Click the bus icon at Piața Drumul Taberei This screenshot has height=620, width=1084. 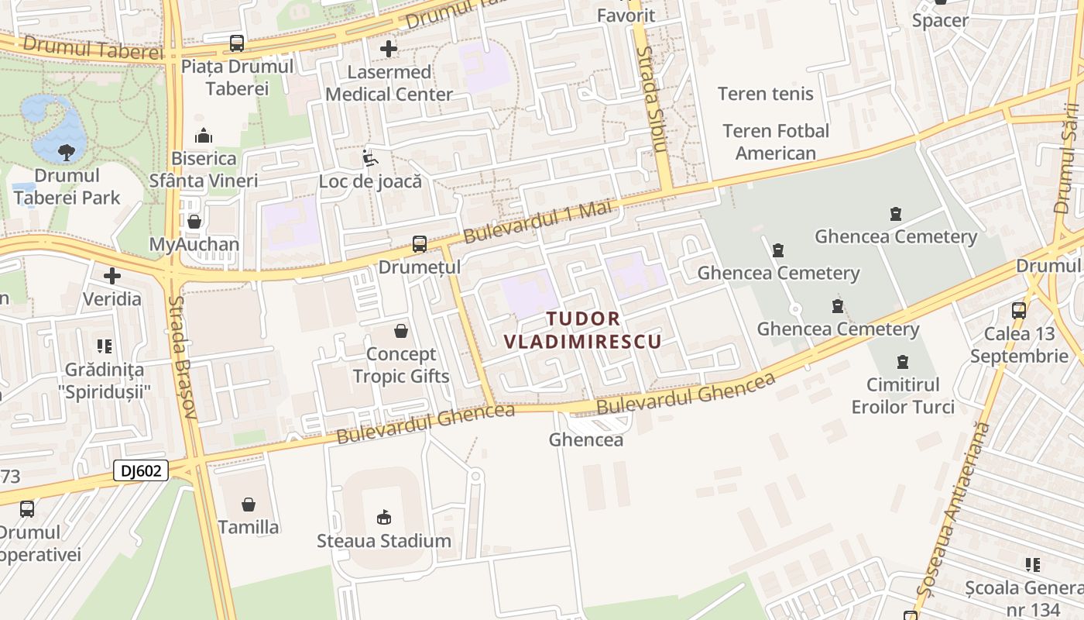pos(236,43)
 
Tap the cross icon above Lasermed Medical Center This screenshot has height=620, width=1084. pos(389,49)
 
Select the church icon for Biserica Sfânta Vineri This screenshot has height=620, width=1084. pos(204,136)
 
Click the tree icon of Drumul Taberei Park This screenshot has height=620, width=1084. pos(67,153)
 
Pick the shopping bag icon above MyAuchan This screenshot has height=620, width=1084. pos(194,222)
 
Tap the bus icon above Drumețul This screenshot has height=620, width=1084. pos(419,244)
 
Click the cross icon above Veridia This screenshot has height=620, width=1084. pos(112,276)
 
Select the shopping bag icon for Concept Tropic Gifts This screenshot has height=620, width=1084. pos(401,332)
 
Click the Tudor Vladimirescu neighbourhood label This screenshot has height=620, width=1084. pos(583,330)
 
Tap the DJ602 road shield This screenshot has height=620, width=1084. pos(141,470)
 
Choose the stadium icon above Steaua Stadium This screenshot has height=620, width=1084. pos(383,517)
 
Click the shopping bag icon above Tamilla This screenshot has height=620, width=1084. pos(249,505)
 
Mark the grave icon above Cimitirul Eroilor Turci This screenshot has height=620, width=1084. pos(902,361)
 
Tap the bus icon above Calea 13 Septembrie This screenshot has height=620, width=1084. pos(1019,311)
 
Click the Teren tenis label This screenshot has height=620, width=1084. pos(765,94)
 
